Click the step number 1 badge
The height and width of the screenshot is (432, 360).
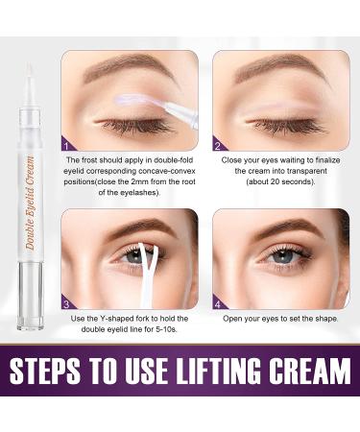(x=66, y=146)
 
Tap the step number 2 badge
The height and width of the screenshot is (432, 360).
(x=218, y=146)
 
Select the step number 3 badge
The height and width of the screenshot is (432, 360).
(x=66, y=304)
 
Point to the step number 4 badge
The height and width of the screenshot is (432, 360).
(x=218, y=304)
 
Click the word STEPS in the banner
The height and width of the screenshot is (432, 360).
(x=45, y=371)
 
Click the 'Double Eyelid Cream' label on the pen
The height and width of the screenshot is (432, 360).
(x=30, y=203)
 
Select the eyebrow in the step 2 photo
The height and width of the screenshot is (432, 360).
(x=276, y=68)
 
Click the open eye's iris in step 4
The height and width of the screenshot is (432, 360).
(x=282, y=255)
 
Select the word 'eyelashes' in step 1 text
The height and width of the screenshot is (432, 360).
(x=140, y=193)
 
